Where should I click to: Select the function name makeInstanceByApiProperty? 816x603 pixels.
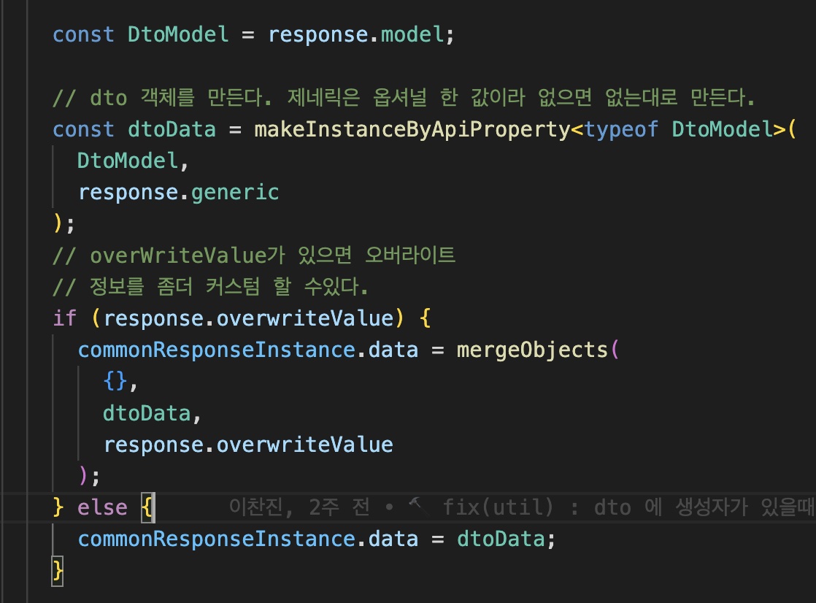click(x=411, y=129)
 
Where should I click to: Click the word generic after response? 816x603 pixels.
click(x=235, y=192)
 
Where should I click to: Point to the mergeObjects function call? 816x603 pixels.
click(x=532, y=350)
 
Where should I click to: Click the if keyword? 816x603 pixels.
click(x=65, y=318)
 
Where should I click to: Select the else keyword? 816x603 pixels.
click(x=102, y=507)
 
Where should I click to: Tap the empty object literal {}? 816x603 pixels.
click(x=115, y=381)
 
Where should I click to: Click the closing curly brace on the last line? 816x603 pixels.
click(x=58, y=570)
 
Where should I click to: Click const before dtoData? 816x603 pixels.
click(x=83, y=129)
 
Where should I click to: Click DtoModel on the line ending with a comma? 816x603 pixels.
click(x=128, y=161)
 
